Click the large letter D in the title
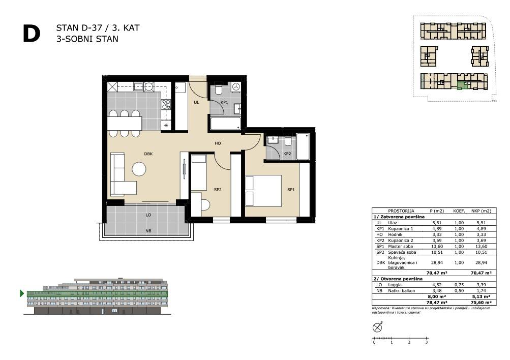(x=32, y=34)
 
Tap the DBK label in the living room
(x=148, y=154)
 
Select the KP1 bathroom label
(x=224, y=102)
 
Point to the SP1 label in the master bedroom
(x=291, y=190)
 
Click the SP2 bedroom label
(x=218, y=190)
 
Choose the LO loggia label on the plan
(x=148, y=215)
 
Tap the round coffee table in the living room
(x=139, y=169)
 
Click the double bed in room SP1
(x=263, y=191)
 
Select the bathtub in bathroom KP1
(x=225, y=124)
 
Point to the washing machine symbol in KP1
(x=236, y=87)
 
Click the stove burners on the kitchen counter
(x=166, y=104)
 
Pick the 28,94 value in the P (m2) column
(x=436, y=262)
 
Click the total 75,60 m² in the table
(x=481, y=303)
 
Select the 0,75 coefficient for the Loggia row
(x=459, y=285)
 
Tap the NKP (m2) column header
(x=481, y=211)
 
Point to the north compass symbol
(x=377, y=327)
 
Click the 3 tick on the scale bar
(x=426, y=342)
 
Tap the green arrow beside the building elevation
(x=22, y=293)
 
